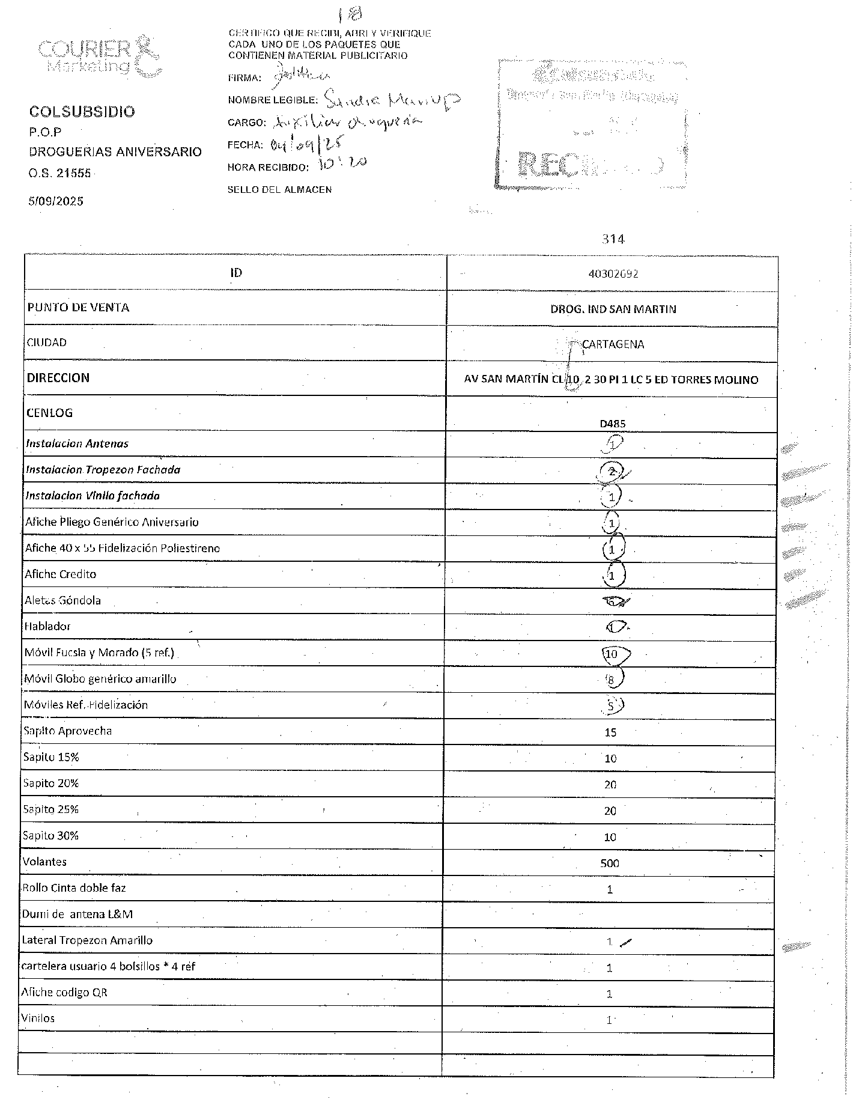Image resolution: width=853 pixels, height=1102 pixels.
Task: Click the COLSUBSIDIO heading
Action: pos(82,112)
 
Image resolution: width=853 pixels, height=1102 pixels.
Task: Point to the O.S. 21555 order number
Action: pos(60,174)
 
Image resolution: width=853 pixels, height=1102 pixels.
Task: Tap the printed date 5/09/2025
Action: pos(56,201)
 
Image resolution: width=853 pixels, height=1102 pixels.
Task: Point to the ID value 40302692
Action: pos(613,274)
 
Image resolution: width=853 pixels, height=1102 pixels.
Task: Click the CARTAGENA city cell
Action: pos(613,344)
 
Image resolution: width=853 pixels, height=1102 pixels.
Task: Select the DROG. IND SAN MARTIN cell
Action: pos(613,309)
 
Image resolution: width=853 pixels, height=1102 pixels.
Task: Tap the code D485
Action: pos(613,424)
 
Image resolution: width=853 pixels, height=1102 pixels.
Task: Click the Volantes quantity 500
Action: pos(610,863)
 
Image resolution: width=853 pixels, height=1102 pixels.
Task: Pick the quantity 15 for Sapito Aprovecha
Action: pos(610,732)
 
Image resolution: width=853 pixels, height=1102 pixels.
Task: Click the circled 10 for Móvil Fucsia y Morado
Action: pos(612,654)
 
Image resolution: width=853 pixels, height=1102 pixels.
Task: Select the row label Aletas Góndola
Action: pos(62,600)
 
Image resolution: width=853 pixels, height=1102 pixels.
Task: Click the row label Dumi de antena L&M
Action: pos(77,914)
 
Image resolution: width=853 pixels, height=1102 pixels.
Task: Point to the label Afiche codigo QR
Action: pos(64,993)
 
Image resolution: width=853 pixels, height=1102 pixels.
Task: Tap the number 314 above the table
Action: pos(613,239)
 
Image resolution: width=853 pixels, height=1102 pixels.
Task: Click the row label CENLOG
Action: pos(49,413)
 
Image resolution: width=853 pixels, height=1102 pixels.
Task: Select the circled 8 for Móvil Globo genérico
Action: pos(612,680)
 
